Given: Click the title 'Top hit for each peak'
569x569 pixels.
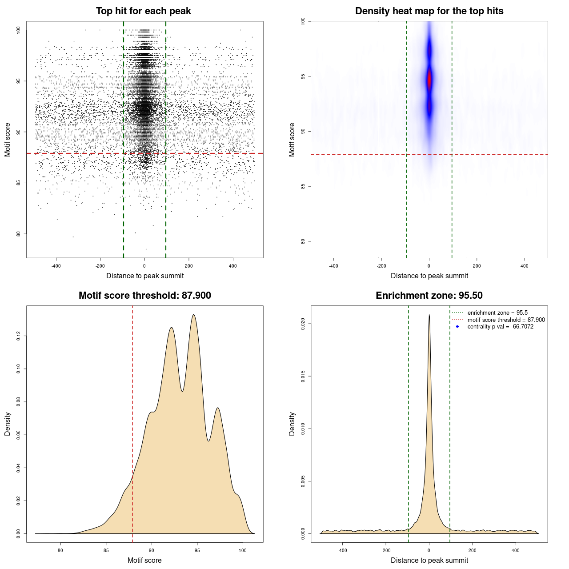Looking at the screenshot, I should click(x=143, y=11).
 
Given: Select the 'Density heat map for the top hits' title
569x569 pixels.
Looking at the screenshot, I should click(x=429, y=11).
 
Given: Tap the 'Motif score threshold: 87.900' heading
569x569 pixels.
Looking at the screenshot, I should click(x=144, y=296).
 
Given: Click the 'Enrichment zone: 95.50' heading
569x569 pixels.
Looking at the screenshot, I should click(x=429, y=296).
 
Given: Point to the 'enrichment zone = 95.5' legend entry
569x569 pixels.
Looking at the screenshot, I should click(x=497, y=313).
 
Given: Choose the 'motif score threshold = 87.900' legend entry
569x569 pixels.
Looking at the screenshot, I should click(x=506, y=320).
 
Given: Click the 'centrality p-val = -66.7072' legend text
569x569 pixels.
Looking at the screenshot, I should click(x=500, y=327).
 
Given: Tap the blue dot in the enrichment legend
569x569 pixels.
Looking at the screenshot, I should click(x=457, y=327).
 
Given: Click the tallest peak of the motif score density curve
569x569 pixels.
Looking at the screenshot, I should click(x=193, y=315).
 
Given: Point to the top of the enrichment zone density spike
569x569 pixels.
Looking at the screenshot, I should click(x=429, y=315).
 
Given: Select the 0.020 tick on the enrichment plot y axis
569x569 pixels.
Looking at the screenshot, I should click(x=303, y=324).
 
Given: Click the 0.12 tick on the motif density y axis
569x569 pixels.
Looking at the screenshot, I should click(x=19, y=336).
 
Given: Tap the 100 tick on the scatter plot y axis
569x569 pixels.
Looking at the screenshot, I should click(x=19, y=30).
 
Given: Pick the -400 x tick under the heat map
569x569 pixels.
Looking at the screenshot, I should click(x=333, y=266).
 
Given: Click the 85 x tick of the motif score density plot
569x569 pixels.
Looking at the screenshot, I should click(x=106, y=550).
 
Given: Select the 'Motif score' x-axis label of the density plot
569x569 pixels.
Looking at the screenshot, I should click(x=144, y=560).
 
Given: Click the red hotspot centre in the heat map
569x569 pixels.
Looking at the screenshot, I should click(x=429, y=80).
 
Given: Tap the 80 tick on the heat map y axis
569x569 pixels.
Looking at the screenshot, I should click(x=303, y=241).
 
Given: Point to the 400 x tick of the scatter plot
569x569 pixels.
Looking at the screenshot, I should click(x=232, y=266).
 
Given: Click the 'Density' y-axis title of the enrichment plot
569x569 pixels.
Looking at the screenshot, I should click(x=292, y=424).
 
